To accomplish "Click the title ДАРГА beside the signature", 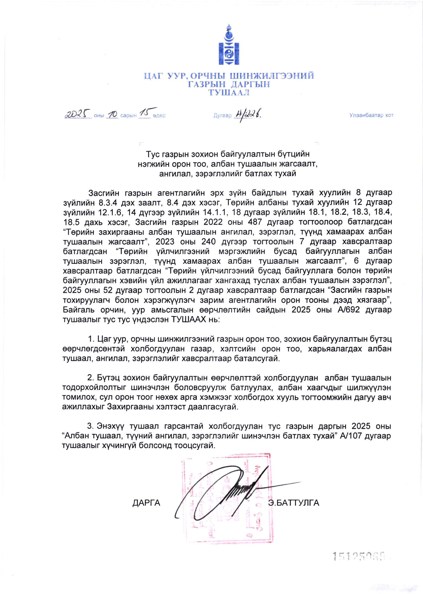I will [x=146, y=503].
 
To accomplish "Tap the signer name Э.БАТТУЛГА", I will [x=294, y=503].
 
